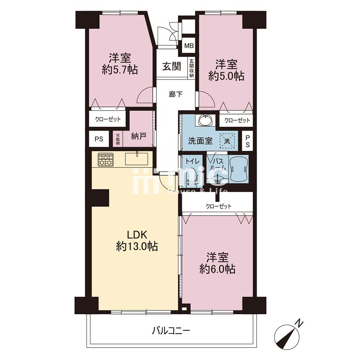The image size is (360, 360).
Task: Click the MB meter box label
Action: coord(189,46)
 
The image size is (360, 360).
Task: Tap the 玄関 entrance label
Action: coord(172,67)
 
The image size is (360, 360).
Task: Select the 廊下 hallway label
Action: coord(176,94)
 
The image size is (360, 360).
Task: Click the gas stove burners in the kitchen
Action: coord(106,159)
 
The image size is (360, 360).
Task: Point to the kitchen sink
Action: coord(136,158)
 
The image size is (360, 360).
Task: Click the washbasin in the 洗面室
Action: coord(206,120)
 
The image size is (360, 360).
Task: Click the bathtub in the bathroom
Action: coord(239,169)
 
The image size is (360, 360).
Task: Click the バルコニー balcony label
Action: coord(171,331)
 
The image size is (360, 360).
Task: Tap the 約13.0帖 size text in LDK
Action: coord(137,247)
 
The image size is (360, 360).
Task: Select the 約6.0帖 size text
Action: coord(217,269)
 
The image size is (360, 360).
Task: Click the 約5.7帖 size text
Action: coord(120,69)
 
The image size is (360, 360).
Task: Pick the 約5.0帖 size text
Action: coord(226,76)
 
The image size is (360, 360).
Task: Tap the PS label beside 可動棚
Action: coord(99,139)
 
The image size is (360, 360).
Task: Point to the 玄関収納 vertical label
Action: coord(192,68)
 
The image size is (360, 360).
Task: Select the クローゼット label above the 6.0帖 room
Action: coord(219,206)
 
